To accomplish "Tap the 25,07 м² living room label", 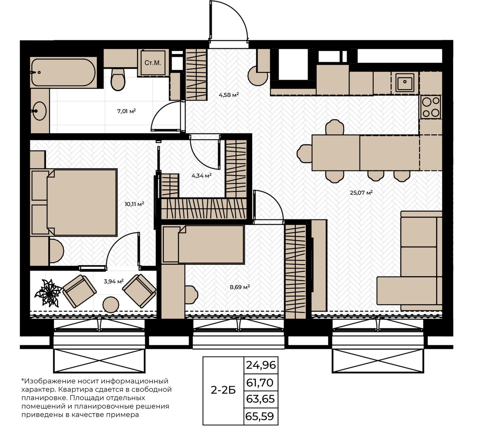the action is click(x=361, y=192).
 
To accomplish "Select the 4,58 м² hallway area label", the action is click(x=229, y=95).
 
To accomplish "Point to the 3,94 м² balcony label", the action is click(x=114, y=281).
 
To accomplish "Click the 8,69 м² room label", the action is click(x=240, y=287).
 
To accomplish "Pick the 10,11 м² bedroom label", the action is click(x=134, y=204).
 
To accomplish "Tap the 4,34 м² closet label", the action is click(x=201, y=176).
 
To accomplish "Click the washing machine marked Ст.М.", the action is click(x=153, y=63).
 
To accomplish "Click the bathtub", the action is click(x=64, y=72).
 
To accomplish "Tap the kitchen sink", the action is click(x=405, y=82).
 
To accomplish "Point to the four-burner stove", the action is click(x=431, y=107).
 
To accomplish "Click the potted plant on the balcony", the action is click(x=48, y=293).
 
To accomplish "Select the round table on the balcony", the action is click(x=111, y=304).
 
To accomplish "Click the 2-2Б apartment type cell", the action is click(x=223, y=390).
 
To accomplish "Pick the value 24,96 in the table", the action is click(x=261, y=365).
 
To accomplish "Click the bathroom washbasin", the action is click(x=39, y=111).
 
